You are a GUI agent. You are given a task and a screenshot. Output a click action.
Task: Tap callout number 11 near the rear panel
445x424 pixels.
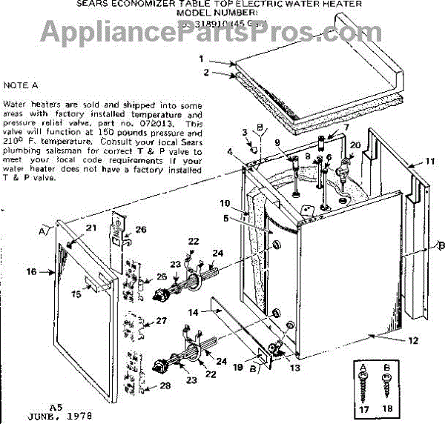click(x=429, y=160)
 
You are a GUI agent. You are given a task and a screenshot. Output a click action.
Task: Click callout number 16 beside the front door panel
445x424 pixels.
click(x=32, y=272)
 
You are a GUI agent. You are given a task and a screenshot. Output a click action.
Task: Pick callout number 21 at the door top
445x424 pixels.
click(x=92, y=227)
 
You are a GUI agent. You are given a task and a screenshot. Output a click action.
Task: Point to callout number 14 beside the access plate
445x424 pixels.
click(x=193, y=314)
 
